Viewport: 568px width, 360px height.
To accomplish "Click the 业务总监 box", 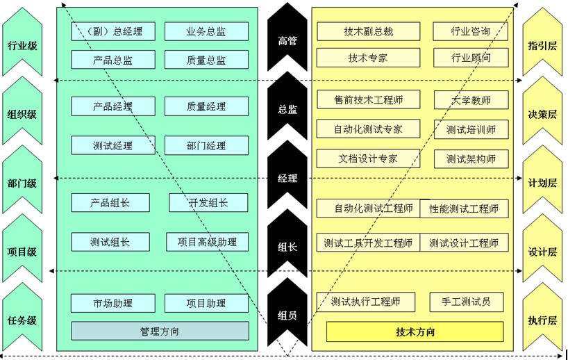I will [x=206, y=31].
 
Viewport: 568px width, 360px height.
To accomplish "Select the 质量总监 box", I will [x=206, y=60].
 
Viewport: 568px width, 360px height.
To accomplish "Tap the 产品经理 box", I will [x=113, y=106].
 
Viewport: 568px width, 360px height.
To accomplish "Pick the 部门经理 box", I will [x=206, y=145].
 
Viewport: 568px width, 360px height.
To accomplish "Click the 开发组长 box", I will [x=208, y=202].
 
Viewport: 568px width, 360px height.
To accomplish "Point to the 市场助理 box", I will [x=113, y=303].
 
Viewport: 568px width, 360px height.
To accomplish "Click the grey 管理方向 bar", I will [x=160, y=331].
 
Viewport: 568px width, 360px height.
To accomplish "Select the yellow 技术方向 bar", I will [x=415, y=332].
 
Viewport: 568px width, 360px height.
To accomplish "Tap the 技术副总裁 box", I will [x=368, y=31].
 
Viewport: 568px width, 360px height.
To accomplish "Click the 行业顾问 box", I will [x=470, y=58].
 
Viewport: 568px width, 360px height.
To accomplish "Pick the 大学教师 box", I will [x=471, y=100].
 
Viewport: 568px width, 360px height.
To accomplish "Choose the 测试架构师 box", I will [x=471, y=158].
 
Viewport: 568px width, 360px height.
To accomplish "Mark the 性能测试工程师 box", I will [x=464, y=208].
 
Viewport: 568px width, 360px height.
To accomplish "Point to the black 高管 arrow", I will [x=287, y=40].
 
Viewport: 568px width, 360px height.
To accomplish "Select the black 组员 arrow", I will [x=287, y=314].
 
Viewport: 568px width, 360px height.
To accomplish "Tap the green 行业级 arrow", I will [x=22, y=45].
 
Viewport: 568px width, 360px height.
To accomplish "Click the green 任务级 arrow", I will [x=22, y=320].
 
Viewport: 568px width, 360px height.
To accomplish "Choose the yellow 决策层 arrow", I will [x=542, y=114].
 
